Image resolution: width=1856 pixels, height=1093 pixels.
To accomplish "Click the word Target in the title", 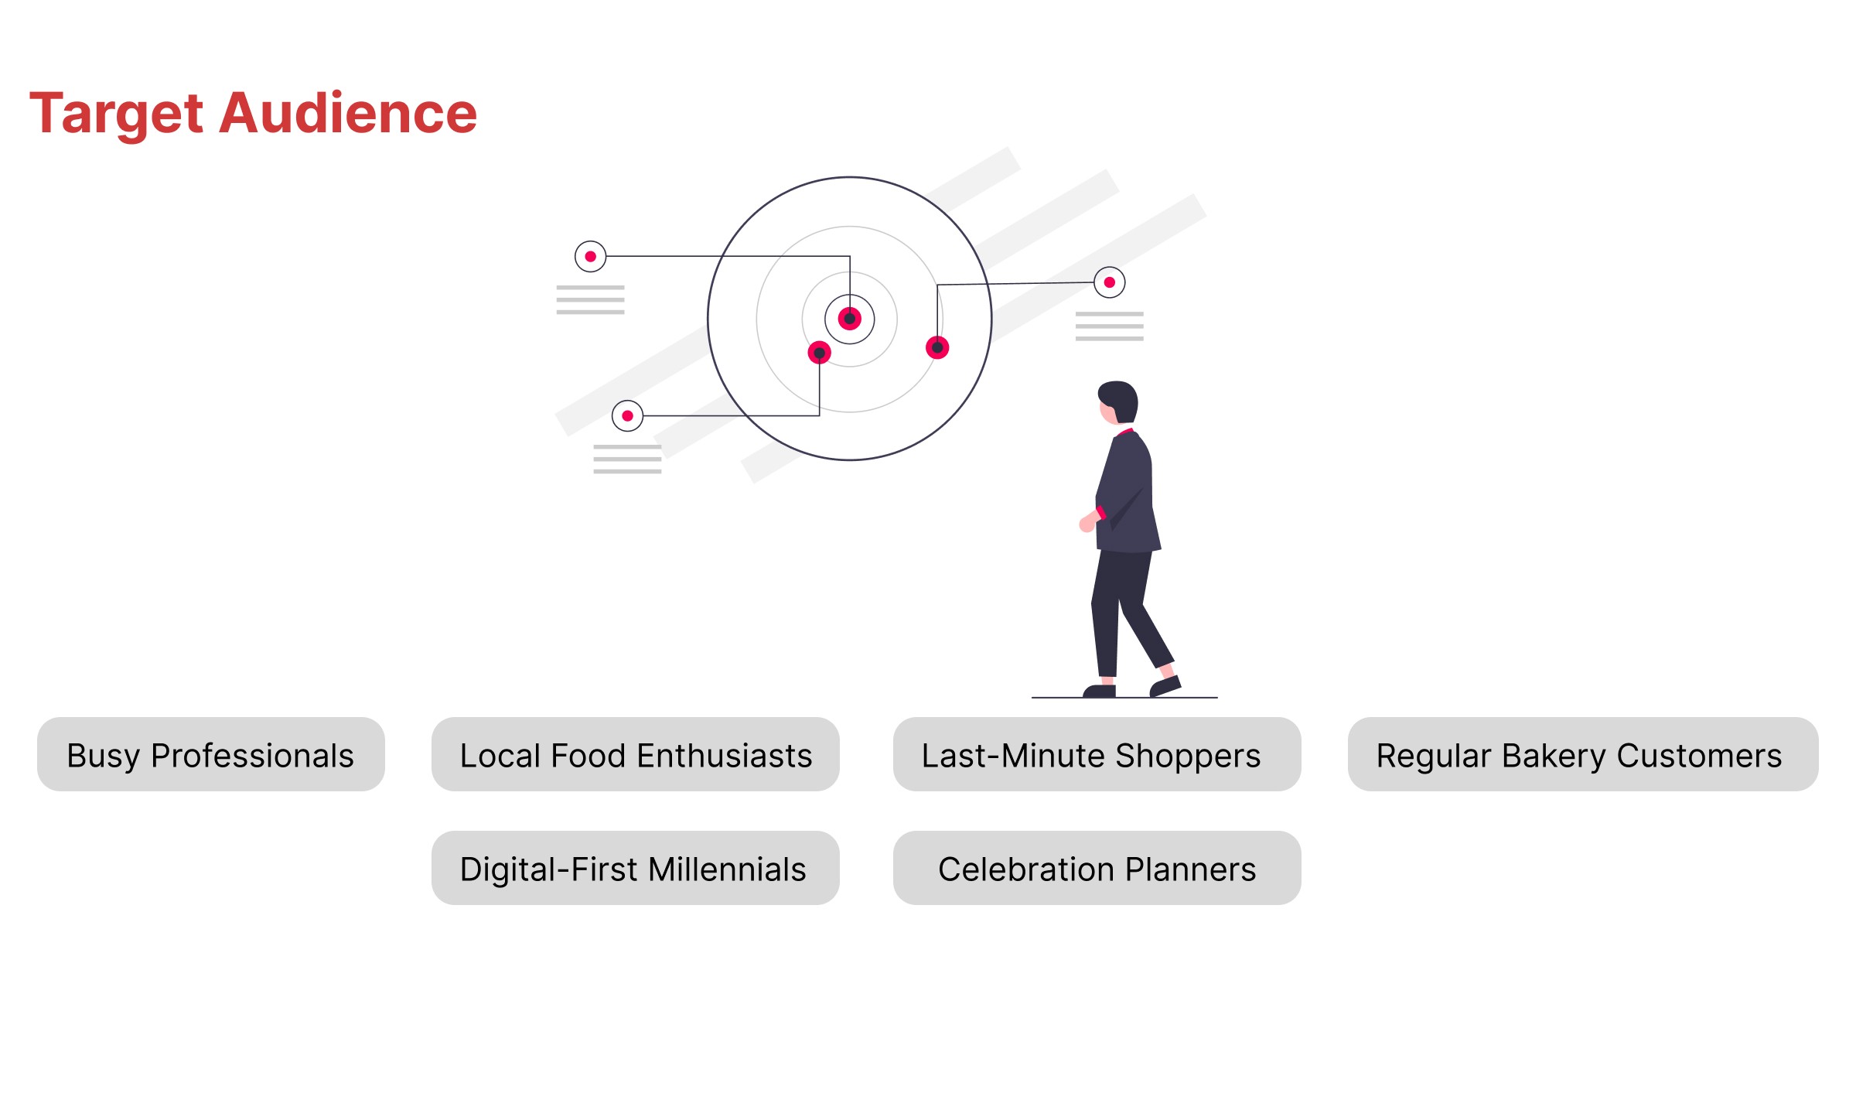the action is (x=117, y=114).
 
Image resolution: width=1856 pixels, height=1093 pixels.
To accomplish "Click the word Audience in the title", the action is (x=349, y=113).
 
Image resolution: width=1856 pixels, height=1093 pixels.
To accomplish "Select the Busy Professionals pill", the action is (x=211, y=754).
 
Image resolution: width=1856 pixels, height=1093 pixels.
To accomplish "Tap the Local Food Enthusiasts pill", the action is (x=636, y=754).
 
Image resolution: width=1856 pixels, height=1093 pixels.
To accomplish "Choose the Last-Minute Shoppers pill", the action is (x=1097, y=754).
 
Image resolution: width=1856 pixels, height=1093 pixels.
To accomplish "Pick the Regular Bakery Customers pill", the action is (x=1583, y=754).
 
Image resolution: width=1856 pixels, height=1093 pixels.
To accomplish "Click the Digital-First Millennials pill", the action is (x=636, y=868).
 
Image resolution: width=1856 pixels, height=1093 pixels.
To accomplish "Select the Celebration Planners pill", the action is (x=1097, y=868).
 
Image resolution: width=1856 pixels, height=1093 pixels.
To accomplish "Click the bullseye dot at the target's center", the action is (x=850, y=319).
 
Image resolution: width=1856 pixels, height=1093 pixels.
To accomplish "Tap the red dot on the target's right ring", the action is (x=937, y=347).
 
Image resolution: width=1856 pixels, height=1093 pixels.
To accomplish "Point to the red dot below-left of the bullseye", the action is (x=820, y=353).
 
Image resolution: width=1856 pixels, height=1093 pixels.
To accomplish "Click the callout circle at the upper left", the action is (x=591, y=256).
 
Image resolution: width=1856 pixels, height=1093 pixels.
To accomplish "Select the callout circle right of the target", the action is (x=1110, y=282).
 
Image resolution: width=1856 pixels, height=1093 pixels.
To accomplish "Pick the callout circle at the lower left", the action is (x=628, y=416).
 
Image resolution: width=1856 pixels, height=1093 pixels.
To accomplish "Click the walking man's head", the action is (x=1118, y=402).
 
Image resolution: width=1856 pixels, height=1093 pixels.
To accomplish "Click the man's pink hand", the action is (x=1088, y=521).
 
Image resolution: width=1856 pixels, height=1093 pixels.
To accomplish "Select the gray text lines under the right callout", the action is (x=1110, y=326).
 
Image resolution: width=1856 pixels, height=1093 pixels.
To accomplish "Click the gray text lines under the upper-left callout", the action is (x=591, y=299).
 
